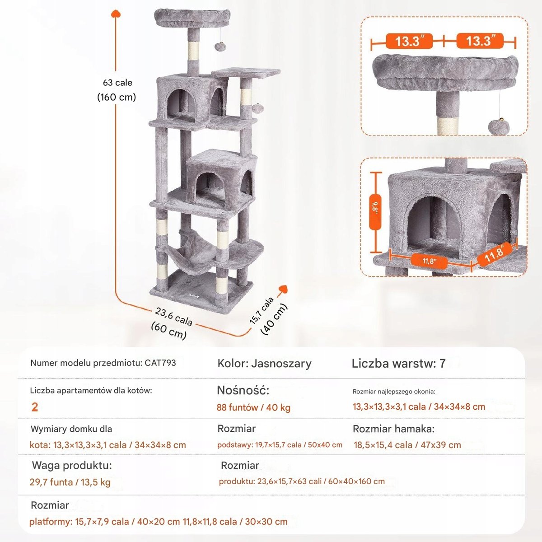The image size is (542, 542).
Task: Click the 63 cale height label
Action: pos(117,83)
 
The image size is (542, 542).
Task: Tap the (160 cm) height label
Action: pos(117,97)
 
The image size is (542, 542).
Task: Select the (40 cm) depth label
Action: pos(274,320)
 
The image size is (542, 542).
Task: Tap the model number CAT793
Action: pos(160,363)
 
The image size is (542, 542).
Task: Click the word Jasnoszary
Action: pos(281,364)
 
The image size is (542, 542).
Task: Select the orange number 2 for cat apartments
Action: pos(35,407)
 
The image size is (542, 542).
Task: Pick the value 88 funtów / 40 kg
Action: pos(253,407)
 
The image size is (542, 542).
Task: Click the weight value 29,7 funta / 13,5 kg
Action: pos(70,482)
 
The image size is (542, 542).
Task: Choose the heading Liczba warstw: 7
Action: pos(398,364)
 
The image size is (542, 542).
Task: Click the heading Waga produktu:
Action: pos(71,465)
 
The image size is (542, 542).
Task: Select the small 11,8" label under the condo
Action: pos(429,261)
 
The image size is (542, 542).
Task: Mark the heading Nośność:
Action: pos(243,390)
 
